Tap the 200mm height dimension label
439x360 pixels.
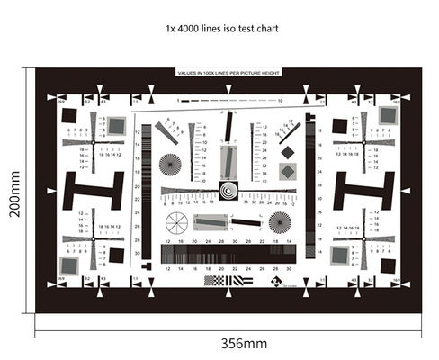click(x=15, y=189)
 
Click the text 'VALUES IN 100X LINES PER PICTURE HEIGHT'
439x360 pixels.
click(x=228, y=72)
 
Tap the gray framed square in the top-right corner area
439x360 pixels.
click(x=388, y=114)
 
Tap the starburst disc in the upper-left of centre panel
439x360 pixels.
click(x=169, y=164)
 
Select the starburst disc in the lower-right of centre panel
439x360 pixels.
click(x=280, y=222)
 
